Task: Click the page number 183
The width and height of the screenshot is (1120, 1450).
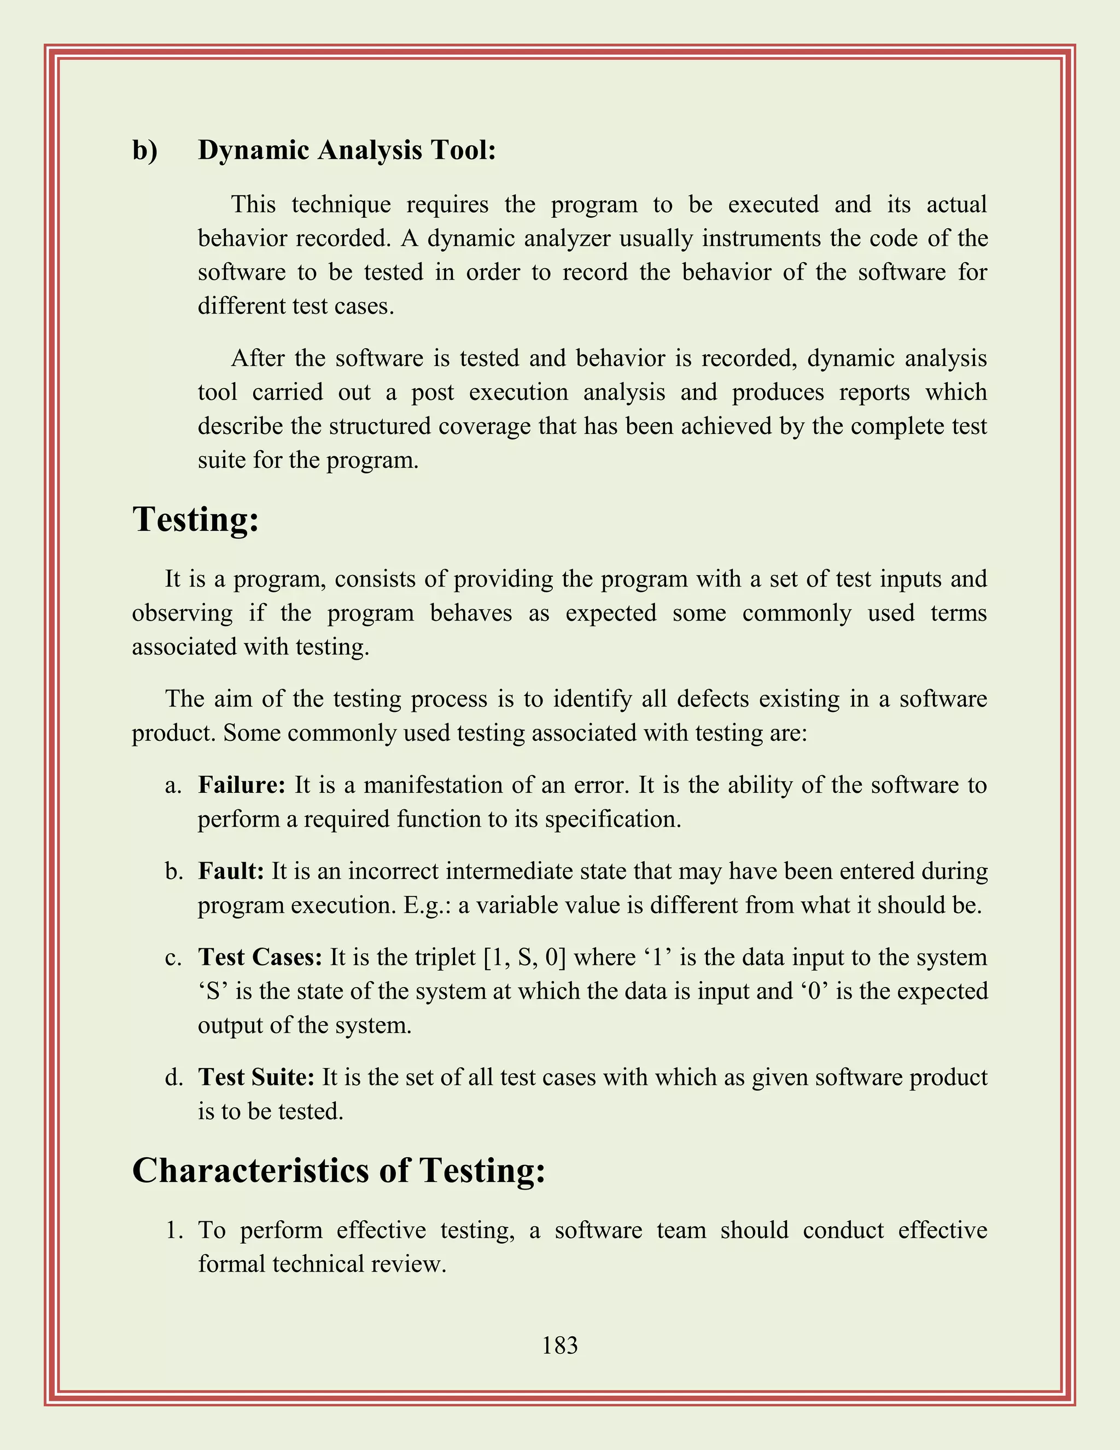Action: [559, 1346]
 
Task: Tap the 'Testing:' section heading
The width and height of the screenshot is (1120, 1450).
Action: [195, 519]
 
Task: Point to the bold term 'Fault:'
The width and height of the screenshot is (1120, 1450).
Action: [231, 871]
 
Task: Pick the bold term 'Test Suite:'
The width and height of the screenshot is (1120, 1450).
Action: [256, 1077]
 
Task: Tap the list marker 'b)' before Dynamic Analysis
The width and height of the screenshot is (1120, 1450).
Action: [144, 150]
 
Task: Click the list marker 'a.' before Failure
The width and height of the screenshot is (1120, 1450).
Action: [173, 785]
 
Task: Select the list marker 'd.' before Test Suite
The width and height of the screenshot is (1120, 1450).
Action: [174, 1077]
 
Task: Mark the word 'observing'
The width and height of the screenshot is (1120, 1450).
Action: [183, 613]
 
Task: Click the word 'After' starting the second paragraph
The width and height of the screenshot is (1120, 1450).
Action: [258, 358]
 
